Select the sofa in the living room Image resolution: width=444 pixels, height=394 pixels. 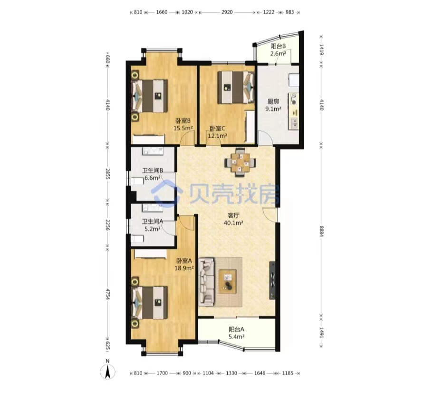point(206,282)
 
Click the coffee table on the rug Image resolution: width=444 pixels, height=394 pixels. point(227,282)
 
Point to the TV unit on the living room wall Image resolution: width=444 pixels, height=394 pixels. point(272,280)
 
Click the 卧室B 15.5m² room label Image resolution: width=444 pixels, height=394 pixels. point(183,124)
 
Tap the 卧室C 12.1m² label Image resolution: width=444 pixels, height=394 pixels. point(217,132)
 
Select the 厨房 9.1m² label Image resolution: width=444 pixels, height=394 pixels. point(273,105)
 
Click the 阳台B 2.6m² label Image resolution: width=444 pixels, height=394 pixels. point(278,50)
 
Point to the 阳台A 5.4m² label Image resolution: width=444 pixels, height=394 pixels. point(236,333)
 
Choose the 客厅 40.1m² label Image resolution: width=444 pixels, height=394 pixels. point(233,219)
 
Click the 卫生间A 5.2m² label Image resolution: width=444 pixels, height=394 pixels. point(153,225)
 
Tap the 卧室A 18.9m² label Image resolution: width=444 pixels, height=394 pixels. point(184,264)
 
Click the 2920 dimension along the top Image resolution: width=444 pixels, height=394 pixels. point(227,12)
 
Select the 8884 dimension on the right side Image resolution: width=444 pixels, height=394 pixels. point(321,232)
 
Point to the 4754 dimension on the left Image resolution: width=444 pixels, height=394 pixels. point(107,294)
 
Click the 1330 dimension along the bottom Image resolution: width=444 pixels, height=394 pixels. point(232,373)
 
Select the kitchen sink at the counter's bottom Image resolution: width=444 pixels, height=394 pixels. point(294,123)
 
